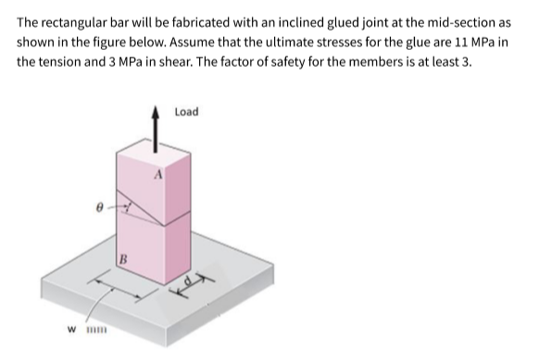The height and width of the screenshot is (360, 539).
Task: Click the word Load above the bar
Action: coord(186,112)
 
